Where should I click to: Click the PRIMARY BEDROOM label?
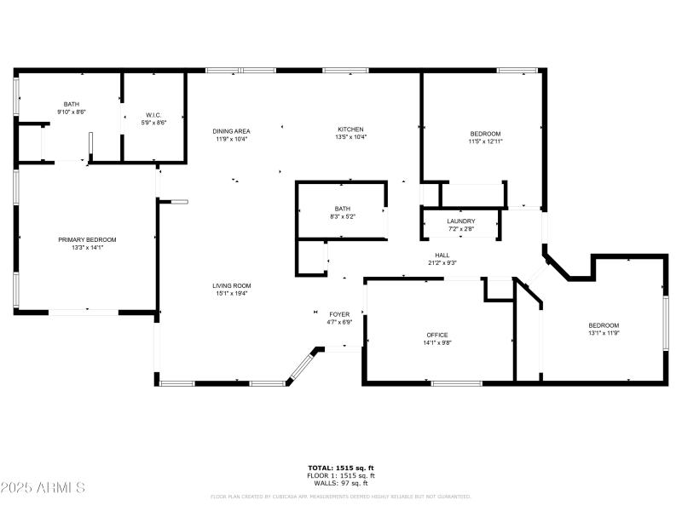(x=87, y=240)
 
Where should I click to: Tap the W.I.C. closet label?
(x=153, y=115)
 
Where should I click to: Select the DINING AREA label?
(x=231, y=130)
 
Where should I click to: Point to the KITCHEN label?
(x=350, y=129)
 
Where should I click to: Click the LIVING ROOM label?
(x=232, y=285)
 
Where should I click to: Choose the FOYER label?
(x=339, y=315)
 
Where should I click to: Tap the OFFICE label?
(x=437, y=335)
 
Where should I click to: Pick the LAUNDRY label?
(x=461, y=221)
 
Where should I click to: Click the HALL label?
(x=442, y=255)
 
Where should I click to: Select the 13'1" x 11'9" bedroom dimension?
(x=604, y=333)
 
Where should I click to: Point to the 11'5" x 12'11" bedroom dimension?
(x=485, y=141)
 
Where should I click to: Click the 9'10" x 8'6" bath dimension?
(x=72, y=112)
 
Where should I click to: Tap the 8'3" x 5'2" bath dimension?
(x=343, y=216)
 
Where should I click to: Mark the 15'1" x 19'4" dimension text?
(x=232, y=293)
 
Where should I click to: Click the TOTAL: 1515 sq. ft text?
(x=341, y=468)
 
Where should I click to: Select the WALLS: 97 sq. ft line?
(x=341, y=483)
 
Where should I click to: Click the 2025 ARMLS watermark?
(x=43, y=488)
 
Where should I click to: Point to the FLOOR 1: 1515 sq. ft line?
(x=341, y=475)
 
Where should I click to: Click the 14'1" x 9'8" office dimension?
(x=437, y=342)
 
